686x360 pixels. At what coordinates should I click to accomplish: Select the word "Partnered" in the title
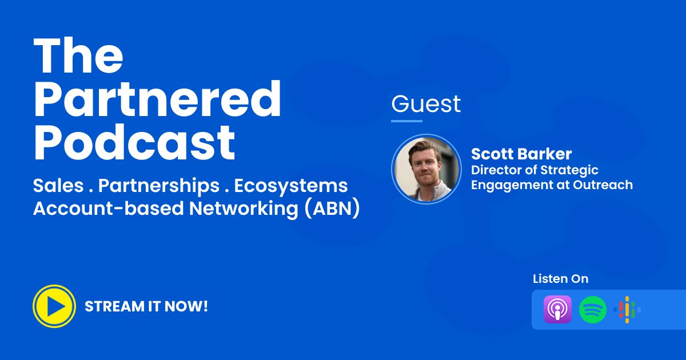(157, 101)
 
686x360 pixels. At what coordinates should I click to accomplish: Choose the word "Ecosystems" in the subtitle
(291, 186)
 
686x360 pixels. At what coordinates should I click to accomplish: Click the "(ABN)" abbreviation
(332, 209)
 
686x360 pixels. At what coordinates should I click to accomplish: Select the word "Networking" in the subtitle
(244, 209)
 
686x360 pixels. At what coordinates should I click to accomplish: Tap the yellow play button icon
(54, 306)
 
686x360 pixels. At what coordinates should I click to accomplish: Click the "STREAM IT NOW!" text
(146, 306)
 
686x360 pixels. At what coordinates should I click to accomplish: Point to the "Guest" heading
(426, 104)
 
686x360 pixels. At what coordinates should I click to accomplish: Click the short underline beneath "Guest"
(406, 121)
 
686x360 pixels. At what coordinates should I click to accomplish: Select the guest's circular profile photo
(426, 169)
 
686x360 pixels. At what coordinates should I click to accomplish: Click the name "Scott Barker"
(521, 154)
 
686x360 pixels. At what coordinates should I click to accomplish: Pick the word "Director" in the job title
(493, 170)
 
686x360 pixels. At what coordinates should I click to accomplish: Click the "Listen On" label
(560, 279)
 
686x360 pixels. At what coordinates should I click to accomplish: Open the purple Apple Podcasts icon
(557, 310)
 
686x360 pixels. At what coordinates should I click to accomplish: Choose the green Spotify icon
(593, 310)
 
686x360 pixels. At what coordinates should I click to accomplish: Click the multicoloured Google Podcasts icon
(627, 310)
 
